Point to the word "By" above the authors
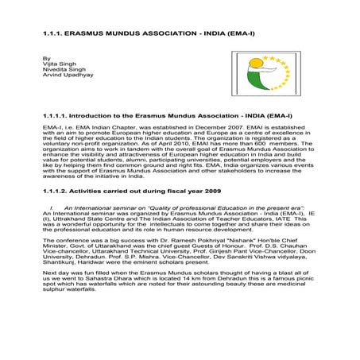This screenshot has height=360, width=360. [46, 58]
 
